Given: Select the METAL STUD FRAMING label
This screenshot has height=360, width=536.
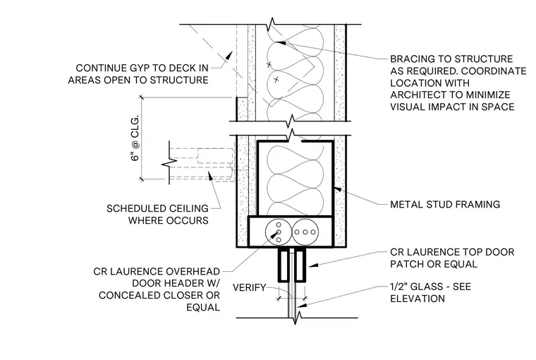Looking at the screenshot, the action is click(x=445, y=205).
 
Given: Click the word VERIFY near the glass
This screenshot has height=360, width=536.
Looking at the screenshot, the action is click(x=249, y=287).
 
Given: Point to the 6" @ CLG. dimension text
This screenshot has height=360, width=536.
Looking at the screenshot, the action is click(x=135, y=138).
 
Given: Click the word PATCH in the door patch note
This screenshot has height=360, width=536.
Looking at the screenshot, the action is click(x=405, y=264).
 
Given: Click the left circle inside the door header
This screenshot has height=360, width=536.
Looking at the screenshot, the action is click(x=279, y=232).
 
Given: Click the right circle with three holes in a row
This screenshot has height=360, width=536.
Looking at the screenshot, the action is click(x=305, y=232).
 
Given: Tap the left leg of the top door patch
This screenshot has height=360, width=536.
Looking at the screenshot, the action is click(x=284, y=265).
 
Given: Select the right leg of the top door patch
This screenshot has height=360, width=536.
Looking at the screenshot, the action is click(x=300, y=265).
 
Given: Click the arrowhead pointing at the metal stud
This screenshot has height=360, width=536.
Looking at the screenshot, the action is click(x=337, y=188).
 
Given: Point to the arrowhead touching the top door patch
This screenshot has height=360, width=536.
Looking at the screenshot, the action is click(x=313, y=265).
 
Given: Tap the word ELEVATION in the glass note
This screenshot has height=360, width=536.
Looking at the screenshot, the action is click(x=418, y=299).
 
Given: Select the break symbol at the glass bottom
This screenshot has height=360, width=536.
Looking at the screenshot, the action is click(x=295, y=318).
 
